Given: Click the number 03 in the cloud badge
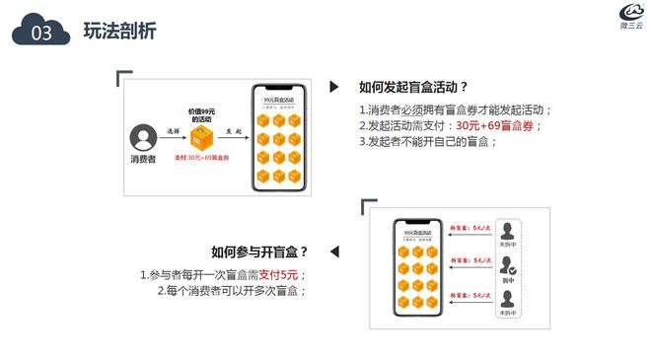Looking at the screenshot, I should click(x=41, y=34).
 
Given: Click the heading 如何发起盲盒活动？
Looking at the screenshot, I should click(x=413, y=87).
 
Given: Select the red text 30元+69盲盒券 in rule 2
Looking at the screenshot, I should click(x=495, y=125).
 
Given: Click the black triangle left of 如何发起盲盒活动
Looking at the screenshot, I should click(x=334, y=87).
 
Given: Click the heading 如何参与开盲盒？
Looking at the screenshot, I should click(x=259, y=252).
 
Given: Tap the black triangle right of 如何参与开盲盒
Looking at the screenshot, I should click(x=333, y=252).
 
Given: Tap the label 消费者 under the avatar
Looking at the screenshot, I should click(x=145, y=158).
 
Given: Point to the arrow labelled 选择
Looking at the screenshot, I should click(x=173, y=136).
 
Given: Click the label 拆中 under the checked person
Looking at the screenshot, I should click(x=508, y=280).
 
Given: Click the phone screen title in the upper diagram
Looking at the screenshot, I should click(x=278, y=100).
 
